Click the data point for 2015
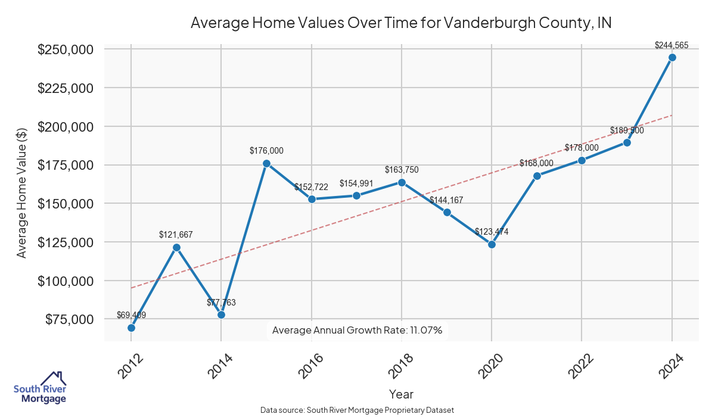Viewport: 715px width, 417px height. pyautogui.click(x=266, y=163)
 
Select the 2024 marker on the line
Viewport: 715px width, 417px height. pyautogui.click(x=672, y=57)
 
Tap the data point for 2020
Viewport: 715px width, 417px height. pyautogui.click(x=492, y=244)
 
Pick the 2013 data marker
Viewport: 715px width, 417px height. pyautogui.click(x=176, y=247)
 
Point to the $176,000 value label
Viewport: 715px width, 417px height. pyautogui.click(x=266, y=151)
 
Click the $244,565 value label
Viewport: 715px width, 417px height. pyautogui.click(x=672, y=45)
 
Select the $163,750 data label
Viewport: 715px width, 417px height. pyautogui.click(x=402, y=170)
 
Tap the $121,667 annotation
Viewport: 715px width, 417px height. pyautogui.click(x=176, y=235)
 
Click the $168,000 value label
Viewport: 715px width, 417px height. pyautogui.click(x=536, y=163)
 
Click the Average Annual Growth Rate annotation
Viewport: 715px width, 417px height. pyautogui.click(x=357, y=330)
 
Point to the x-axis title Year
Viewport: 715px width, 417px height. pyautogui.click(x=401, y=394)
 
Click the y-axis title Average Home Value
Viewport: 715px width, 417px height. pyautogui.click(x=21, y=192)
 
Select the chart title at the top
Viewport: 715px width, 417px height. pyautogui.click(x=401, y=23)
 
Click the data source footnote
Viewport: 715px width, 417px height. pyautogui.click(x=357, y=410)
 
